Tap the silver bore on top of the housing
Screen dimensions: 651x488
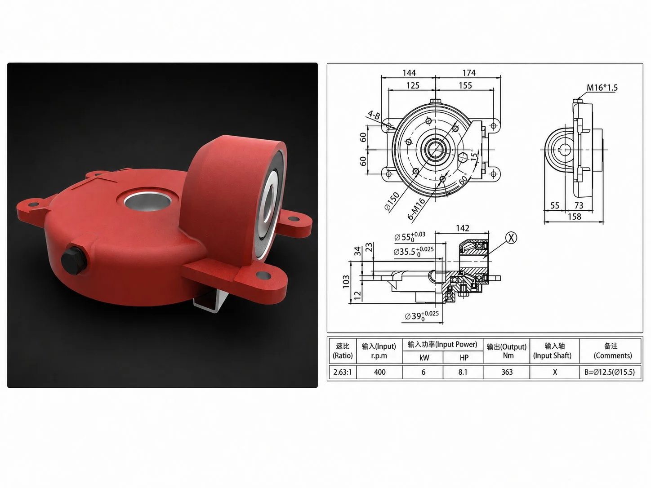pyautogui.click(x=148, y=200)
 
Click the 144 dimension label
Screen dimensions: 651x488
pyautogui.click(x=409, y=73)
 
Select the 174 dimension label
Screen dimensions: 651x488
pyautogui.click(x=469, y=73)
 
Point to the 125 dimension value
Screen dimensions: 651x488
pyautogui.click(x=413, y=85)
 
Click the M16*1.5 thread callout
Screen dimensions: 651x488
pyautogui.click(x=602, y=88)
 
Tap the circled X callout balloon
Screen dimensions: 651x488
pyautogui.click(x=511, y=238)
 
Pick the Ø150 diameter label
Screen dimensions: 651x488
pyautogui.click(x=392, y=201)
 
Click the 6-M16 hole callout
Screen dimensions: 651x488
pyautogui.click(x=416, y=209)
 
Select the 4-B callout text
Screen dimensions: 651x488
pyautogui.click(x=374, y=115)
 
